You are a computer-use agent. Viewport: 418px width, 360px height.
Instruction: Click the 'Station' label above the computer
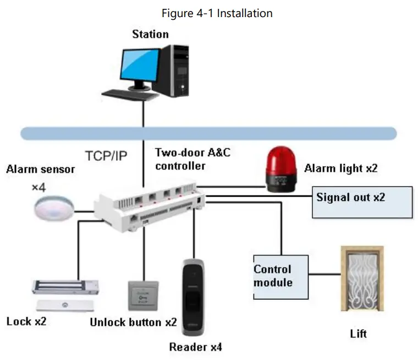click(x=150, y=34)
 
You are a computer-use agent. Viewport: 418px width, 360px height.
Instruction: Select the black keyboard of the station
click(x=129, y=94)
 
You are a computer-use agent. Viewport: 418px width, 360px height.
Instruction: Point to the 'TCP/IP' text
click(x=106, y=156)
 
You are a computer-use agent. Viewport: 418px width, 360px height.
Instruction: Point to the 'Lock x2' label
click(x=26, y=321)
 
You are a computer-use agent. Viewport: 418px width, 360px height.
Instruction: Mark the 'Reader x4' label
click(x=195, y=347)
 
